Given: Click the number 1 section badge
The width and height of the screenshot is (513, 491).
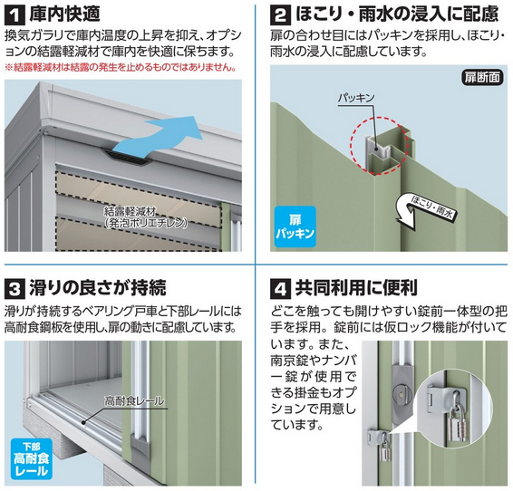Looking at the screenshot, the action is (x=15, y=15).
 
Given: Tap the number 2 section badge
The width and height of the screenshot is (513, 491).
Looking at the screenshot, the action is (x=280, y=15).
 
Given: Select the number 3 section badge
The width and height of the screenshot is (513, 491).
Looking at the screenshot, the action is (x=15, y=289).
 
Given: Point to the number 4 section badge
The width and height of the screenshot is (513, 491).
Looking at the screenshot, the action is (x=280, y=289).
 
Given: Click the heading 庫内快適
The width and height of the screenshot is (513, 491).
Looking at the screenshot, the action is (x=64, y=14).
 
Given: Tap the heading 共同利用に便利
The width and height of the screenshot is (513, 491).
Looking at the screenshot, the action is (x=356, y=288).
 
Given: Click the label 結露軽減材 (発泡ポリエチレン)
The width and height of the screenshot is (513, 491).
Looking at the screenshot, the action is (x=146, y=217).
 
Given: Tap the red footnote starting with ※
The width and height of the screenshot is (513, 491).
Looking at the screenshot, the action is (x=121, y=68).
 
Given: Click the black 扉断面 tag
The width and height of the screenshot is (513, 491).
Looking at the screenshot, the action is (x=482, y=78).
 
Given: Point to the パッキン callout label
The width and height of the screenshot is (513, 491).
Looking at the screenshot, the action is (x=356, y=98).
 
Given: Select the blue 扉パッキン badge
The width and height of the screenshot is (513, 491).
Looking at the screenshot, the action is (x=295, y=226).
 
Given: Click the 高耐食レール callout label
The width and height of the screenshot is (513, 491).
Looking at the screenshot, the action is (x=134, y=400).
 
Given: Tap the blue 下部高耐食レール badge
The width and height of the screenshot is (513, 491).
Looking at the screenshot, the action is (x=32, y=459).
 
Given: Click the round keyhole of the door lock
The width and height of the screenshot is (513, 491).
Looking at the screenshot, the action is (x=401, y=392).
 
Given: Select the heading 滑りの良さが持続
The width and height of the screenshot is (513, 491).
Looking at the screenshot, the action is (x=98, y=288).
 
